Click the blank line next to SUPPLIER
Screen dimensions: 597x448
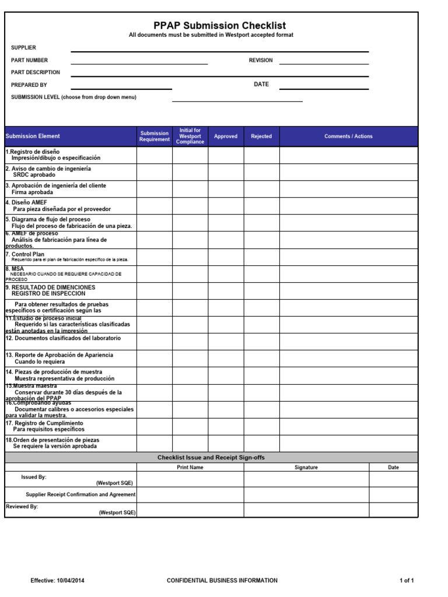(219, 49)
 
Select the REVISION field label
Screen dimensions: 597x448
(261, 61)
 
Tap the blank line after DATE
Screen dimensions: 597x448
(324, 86)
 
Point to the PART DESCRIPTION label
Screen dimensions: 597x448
(36, 72)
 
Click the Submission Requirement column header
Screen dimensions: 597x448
(155, 136)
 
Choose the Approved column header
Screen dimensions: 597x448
(226, 136)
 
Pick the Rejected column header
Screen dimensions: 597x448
(261, 136)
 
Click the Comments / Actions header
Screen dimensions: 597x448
(348, 136)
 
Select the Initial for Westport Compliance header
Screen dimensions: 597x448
(190, 136)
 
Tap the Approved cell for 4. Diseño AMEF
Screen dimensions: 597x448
(226, 206)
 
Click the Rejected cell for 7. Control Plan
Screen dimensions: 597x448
(261, 257)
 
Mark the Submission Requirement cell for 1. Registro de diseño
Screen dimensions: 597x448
(155, 155)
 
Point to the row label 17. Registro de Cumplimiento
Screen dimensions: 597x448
(44, 423)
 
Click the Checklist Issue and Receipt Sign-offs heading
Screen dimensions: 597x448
(211, 458)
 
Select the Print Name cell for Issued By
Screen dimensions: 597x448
(190, 479)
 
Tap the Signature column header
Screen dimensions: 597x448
(306, 468)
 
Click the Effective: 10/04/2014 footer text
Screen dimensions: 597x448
(61, 581)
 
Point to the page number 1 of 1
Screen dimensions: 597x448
(407, 581)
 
